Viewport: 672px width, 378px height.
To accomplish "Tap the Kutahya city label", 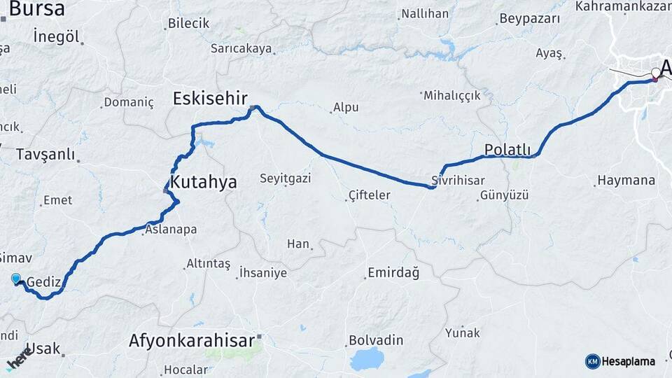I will (x=204, y=183).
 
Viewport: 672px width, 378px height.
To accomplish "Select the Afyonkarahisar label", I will (x=191, y=341).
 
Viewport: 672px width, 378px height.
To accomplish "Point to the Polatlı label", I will (x=507, y=150).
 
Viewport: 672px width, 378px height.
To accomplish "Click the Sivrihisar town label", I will (x=458, y=181).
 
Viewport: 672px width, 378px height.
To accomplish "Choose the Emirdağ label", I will (x=395, y=273).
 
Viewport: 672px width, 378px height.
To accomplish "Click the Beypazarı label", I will (x=531, y=18).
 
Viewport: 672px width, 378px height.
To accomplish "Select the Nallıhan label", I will (x=425, y=13).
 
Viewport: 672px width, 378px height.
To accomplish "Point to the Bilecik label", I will (x=188, y=23).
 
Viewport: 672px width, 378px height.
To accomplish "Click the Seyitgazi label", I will (x=285, y=179).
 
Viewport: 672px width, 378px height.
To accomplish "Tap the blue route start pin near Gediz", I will (x=16, y=279).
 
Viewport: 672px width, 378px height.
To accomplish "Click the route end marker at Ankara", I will (x=656, y=73).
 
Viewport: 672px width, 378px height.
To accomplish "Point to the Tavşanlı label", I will (x=45, y=154).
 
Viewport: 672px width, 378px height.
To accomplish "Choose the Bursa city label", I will (x=36, y=9).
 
